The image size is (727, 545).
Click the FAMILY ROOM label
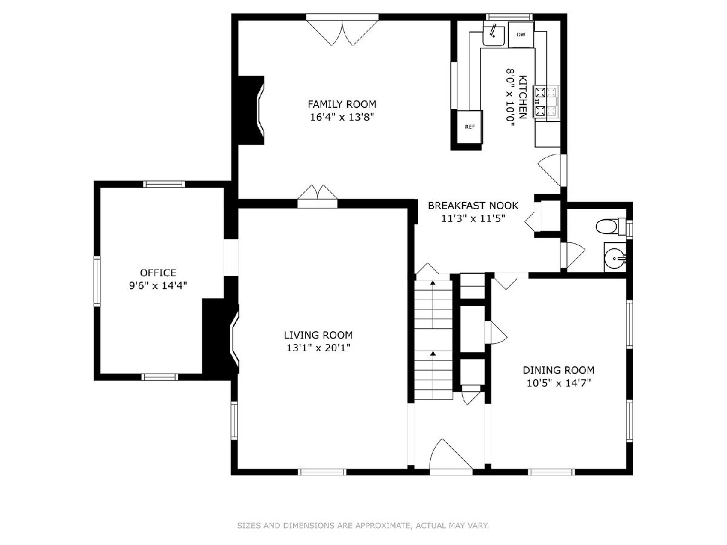(x=342, y=104)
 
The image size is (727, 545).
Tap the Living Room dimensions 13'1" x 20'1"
(x=318, y=348)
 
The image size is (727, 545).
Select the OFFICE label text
(x=158, y=272)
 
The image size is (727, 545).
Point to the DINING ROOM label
(x=559, y=370)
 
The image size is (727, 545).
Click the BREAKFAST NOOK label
(x=473, y=205)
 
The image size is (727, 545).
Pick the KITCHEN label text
(x=523, y=97)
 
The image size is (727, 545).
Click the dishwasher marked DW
(x=521, y=35)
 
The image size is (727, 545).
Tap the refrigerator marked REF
(x=470, y=127)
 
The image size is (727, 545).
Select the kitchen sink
(x=494, y=34)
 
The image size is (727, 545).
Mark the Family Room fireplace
(x=251, y=110)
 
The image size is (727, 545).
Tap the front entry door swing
(x=451, y=455)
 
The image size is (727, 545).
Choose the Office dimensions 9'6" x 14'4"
(x=158, y=285)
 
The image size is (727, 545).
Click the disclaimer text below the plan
(x=363, y=525)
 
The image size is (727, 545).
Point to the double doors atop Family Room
(x=342, y=33)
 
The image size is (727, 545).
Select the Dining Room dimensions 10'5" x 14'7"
(x=559, y=383)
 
